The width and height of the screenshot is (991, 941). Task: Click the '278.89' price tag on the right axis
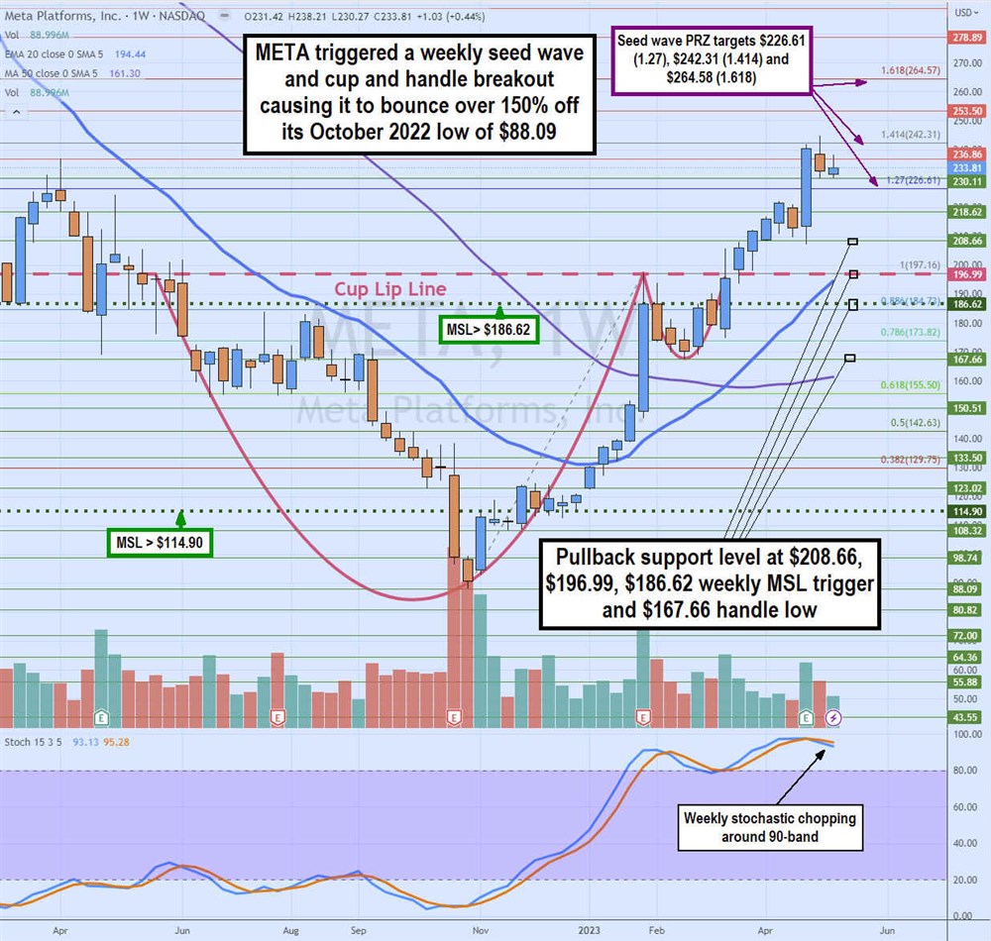pos(967,37)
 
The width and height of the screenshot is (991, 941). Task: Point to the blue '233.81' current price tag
pos(967,168)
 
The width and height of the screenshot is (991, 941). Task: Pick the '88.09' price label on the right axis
pos(967,588)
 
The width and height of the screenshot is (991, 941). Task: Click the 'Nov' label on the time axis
pos(481,930)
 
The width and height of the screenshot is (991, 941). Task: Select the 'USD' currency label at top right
pos(964,13)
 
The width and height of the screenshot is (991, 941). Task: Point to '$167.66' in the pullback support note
pos(649,609)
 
